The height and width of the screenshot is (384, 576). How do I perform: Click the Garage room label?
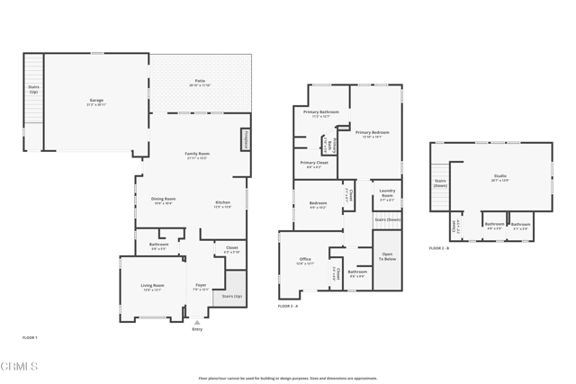point(96,101)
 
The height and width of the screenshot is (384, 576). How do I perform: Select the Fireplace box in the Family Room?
point(245,140)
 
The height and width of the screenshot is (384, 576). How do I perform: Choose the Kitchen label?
point(223,204)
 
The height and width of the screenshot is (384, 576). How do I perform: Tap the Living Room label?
point(152,287)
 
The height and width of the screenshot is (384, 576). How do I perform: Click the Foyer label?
point(201,287)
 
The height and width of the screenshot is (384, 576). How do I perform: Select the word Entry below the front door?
point(197,329)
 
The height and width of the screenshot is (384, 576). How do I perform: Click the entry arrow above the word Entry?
point(197,322)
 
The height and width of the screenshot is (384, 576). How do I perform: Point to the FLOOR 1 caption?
point(30,337)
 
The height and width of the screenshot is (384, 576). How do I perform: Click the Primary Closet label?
point(314,164)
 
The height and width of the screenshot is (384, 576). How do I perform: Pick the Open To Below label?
point(387,256)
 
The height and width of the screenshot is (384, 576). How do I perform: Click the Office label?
point(305,261)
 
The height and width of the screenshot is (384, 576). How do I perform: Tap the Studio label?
point(500,177)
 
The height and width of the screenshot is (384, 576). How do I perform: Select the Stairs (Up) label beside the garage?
point(33,90)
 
